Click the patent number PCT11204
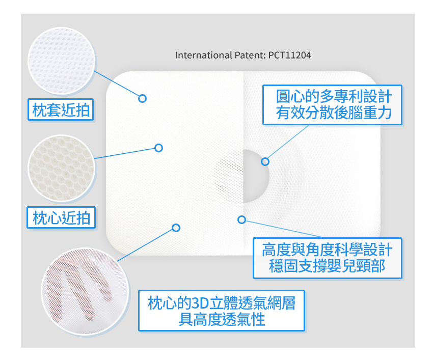(290, 55)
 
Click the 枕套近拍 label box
(61, 109)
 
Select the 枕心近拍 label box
(61, 217)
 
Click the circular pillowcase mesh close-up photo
(61, 61)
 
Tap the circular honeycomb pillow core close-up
(61, 168)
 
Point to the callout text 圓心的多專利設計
(334, 97)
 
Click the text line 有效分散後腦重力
(334, 113)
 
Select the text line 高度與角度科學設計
(327, 250)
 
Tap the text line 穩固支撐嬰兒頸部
(327, 266)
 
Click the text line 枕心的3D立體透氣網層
(222, 303)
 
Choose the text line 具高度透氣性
(222, 319)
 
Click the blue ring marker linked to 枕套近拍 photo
(142, 98)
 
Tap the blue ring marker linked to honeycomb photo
(158, 148)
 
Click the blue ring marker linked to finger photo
(176, 228)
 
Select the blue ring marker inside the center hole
(265, 161)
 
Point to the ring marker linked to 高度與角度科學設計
(241, 219)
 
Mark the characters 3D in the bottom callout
(200, 303)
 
